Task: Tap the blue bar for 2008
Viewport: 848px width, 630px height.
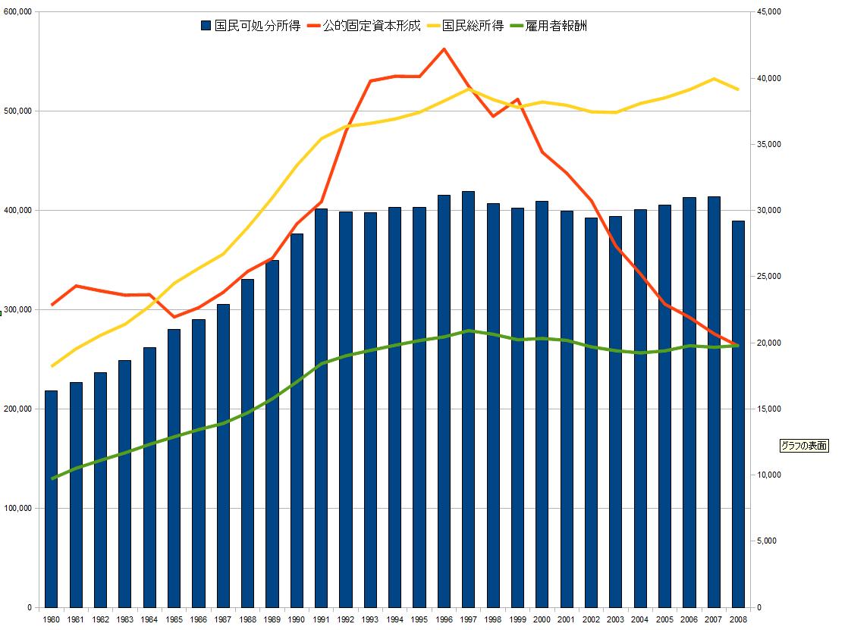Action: click(x=738, y=414)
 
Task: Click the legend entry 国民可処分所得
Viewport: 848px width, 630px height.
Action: click(x=250, y=26)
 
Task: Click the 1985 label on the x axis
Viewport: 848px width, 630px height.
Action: click(x=174, y=619)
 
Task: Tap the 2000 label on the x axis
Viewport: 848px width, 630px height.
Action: click(x=542, y=619)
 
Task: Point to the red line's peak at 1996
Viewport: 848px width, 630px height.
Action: click(x=444, y=49)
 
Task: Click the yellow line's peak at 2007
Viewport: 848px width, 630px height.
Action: click(x=714, y=78)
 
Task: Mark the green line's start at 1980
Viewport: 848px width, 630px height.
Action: click(x=52, y=478)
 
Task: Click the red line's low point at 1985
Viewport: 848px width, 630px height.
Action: click(x=174, y=317)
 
